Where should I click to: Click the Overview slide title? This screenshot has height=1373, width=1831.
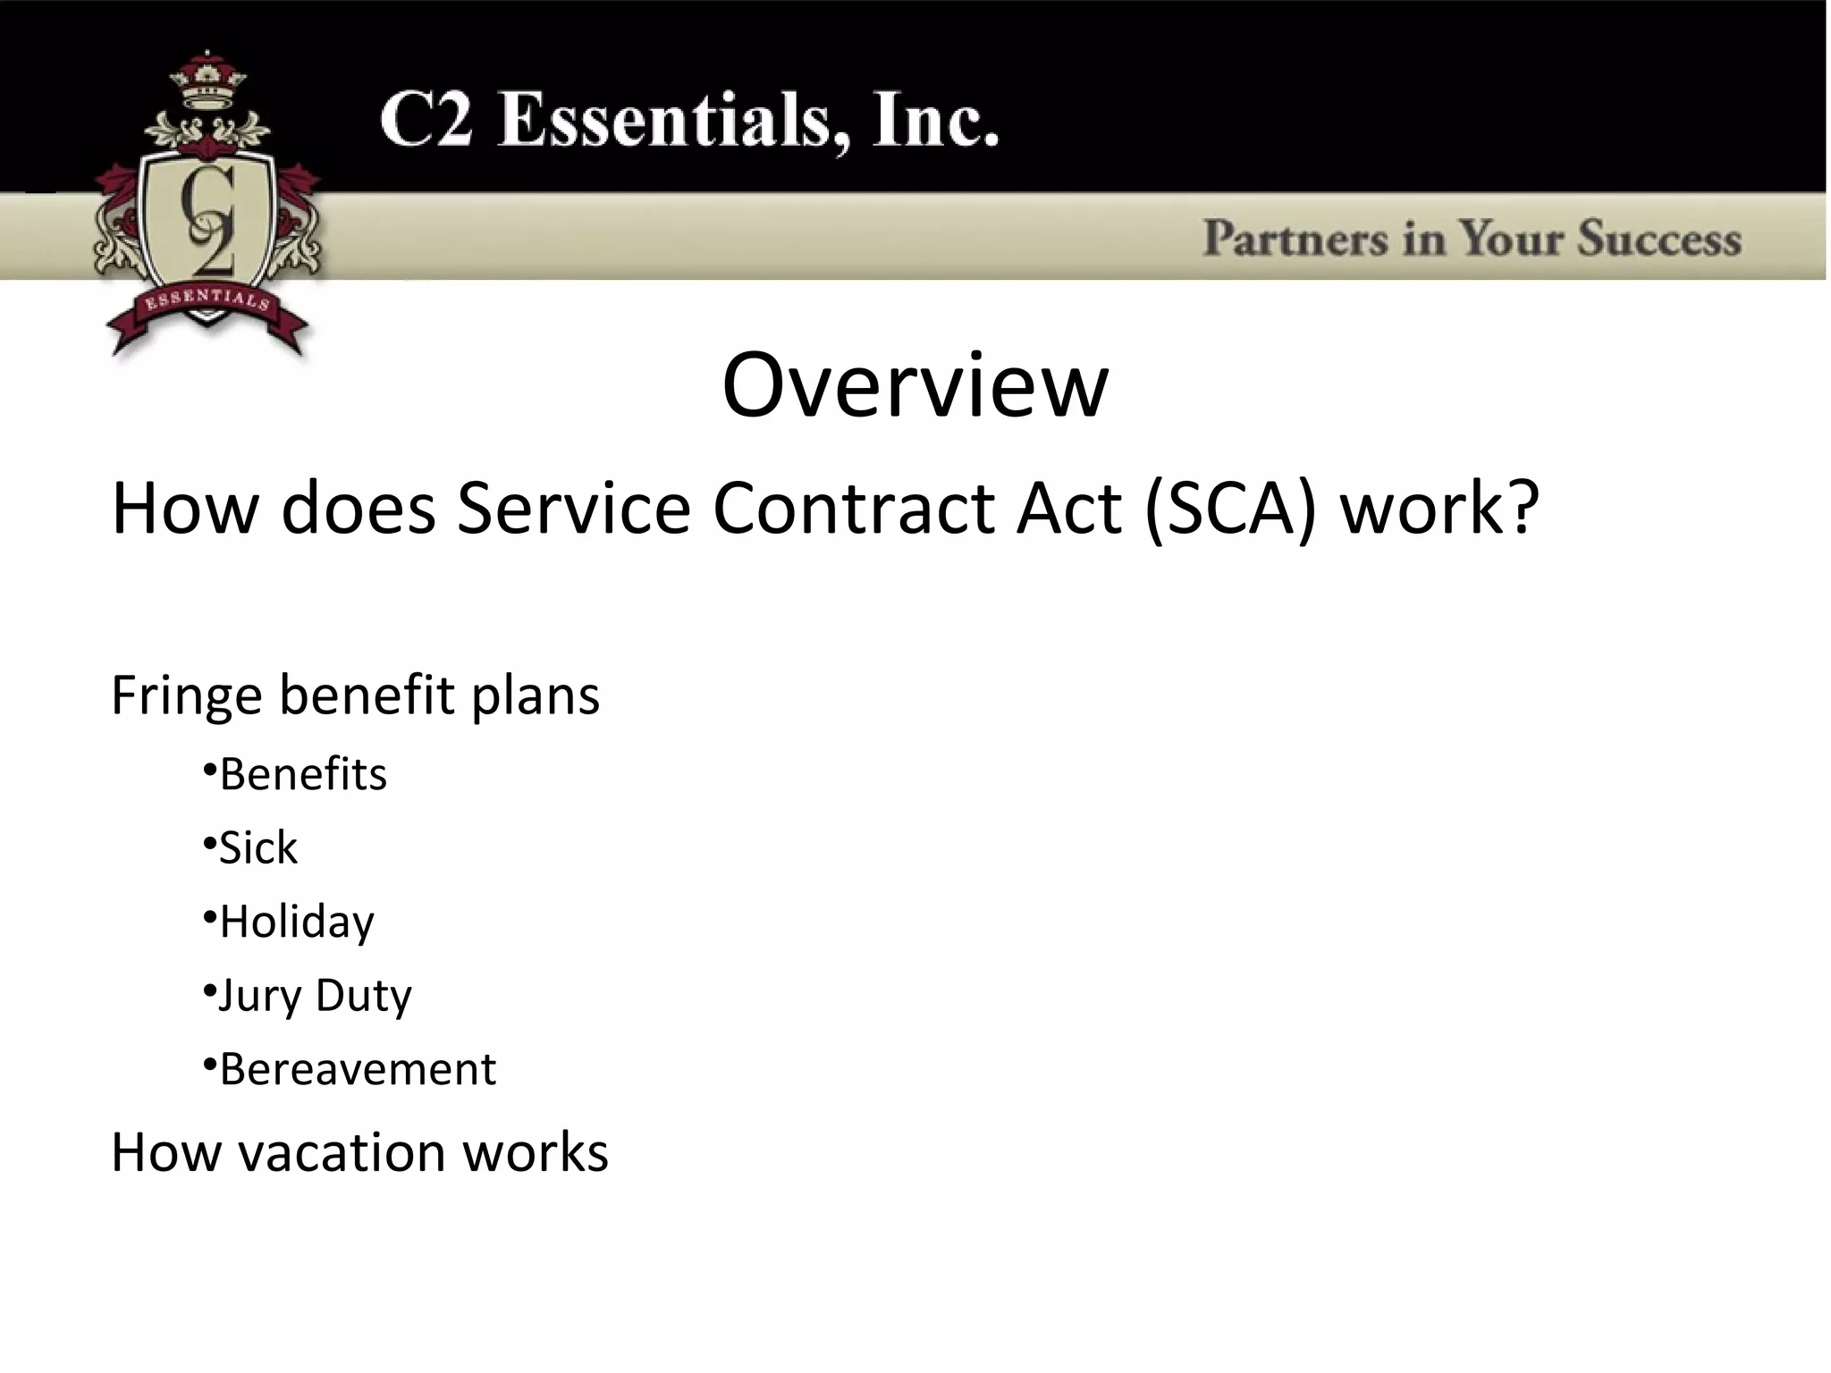click(x=915, y=386)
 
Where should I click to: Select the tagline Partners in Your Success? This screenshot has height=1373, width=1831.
click(x=1472, y=239)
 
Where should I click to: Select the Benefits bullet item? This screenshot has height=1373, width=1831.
click(x=303, y=774)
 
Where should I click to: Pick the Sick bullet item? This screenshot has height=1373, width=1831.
click(x=257, y=847)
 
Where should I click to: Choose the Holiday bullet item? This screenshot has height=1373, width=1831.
click(x=296, y=922)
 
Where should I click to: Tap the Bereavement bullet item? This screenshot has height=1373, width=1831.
click(x=357, y=1069)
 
